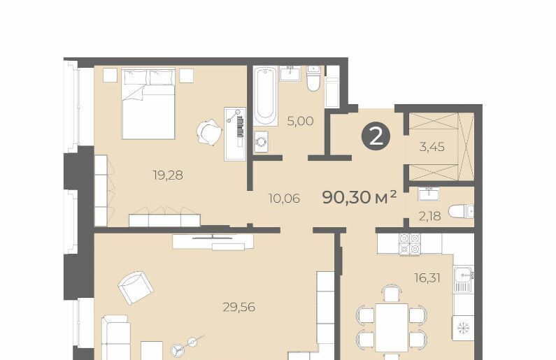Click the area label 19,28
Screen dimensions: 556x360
point(168,175)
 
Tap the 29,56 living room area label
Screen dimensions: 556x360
point(239,307)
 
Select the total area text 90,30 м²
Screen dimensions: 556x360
point(359,197)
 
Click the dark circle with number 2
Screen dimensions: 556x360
point(376,136)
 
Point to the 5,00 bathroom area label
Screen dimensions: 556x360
point(300,122)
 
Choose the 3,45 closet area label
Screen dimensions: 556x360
point(432,147)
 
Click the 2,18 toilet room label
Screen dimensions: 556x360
point(430,216)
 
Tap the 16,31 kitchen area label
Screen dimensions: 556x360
point(427,278)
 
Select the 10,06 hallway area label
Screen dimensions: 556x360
point(284,199)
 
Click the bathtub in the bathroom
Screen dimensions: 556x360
point(266,96)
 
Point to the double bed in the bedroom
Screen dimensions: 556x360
point(148,103)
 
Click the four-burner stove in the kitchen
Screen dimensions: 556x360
point(410,244)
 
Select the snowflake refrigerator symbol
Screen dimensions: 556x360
point(463,329)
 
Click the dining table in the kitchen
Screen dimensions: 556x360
point(392,327)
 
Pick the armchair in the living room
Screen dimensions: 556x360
point(136,287)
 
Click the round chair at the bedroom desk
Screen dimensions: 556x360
point(208,131)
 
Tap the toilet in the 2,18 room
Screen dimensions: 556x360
point(461,212)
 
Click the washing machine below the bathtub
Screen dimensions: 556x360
point(262,142)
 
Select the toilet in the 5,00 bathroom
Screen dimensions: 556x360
point(313,79)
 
